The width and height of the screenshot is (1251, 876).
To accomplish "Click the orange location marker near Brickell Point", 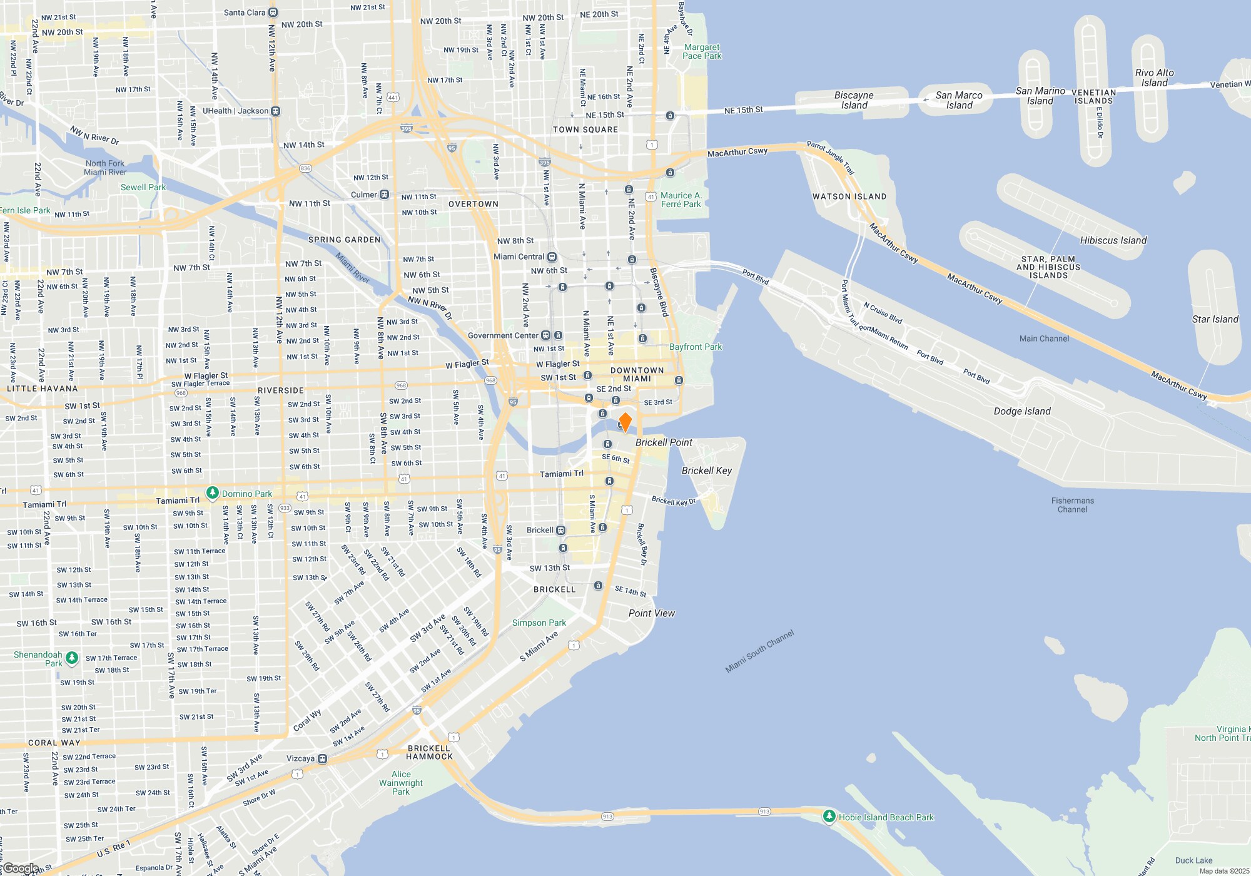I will click(x=625, y=422).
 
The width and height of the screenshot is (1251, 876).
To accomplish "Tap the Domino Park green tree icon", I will click(x=212, y=493).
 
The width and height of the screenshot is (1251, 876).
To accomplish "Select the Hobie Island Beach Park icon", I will click(x=829, y=816).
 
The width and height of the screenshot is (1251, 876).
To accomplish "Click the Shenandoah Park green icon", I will click(x=72, y=658).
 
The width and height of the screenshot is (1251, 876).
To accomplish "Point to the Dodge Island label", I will click(x=1022, y=411).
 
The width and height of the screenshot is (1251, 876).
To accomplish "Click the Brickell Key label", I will click(x=706, y=471).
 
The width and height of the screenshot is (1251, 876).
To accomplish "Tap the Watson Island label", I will click(x=849, y=196).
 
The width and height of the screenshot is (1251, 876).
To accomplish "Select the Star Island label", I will click(x=1215, y=319).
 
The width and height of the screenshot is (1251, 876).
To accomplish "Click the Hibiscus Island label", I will click(x=1113, y=240).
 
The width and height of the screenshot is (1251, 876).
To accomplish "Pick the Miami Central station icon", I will click(x=552, y=257).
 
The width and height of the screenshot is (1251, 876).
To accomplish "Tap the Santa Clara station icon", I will click(x=273, y=13).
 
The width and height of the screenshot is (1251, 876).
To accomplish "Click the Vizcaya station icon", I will click(x=322, y=758).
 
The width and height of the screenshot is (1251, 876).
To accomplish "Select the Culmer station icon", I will click(x=385, y=195).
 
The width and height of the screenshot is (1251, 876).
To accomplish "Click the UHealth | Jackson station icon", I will click(x=276, y=111).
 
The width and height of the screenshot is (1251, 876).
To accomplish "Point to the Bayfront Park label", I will click(x=695, y=347).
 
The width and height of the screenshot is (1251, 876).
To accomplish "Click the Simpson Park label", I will click(x=539, y=623).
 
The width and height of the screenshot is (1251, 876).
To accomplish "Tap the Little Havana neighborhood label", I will click(x=43, y=389).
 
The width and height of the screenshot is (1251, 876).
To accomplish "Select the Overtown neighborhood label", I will click(x=474, y=204).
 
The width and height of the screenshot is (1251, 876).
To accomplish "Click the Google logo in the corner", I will click(x=20, y=868).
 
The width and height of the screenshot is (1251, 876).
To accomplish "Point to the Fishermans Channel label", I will click(x=1072, y=505).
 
